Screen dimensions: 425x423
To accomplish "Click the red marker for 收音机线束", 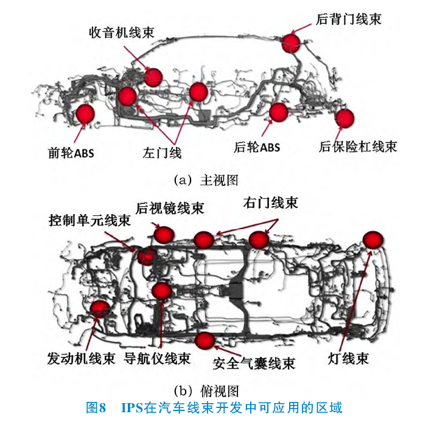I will tap(153, 77).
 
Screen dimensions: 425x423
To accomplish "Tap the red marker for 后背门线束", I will tap(291, 43).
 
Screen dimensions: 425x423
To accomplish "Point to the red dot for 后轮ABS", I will tap(278, 112).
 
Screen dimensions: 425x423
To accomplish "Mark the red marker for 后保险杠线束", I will tap(344, 118).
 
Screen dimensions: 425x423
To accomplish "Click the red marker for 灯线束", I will tap(374, 241).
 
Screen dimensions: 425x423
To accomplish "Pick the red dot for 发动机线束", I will tap(99, 309).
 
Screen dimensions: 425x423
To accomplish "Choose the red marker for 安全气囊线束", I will tap(205, 341).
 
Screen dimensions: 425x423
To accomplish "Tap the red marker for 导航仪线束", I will tap(161, 291).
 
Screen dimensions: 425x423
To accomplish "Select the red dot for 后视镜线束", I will tap(164, 234).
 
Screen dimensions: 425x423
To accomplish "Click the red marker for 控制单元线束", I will tap(146, 256).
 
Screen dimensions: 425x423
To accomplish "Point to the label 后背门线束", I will tap(349, 19).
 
